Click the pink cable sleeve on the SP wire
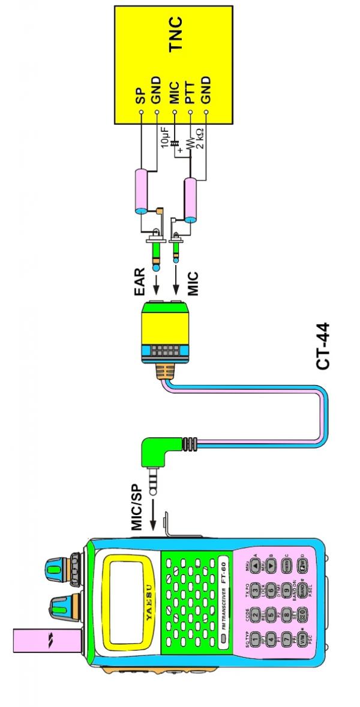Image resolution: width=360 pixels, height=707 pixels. pyautogui.click(x=140, y=190)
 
